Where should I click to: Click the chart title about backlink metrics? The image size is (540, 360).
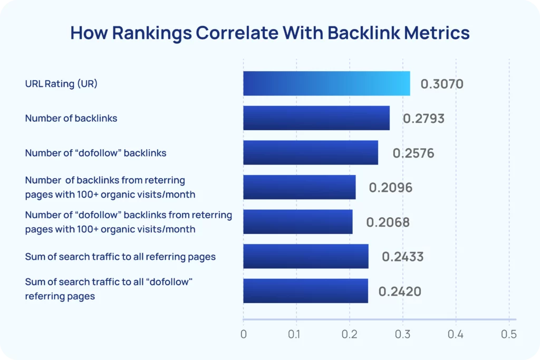[x=269, y=33]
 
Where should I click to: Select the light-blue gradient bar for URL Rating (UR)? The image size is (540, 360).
[x=326, y=84]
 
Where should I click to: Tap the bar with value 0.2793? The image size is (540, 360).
[x=316, y=118]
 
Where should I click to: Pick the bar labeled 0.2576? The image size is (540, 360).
[x=311, y=153]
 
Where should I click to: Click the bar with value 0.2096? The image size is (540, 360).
[x=300, y=187]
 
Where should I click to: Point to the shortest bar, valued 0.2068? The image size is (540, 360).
[x=298, y=222]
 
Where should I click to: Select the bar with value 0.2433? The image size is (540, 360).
[x=306, y=257]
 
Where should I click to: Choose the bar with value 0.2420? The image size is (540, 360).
[x=305, y=291]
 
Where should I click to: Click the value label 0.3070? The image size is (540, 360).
[x=442, y=84]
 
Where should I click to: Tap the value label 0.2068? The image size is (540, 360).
[x=388, y=222]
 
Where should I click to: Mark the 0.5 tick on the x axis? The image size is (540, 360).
[x=509, y=334]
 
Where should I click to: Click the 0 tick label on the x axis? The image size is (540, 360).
[x=243, y=334]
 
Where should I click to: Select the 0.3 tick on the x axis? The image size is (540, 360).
[x=402, y=334]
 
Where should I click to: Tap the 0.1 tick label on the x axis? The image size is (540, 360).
[x=296, y=334]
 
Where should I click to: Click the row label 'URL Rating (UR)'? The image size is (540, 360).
[x=61, y=84]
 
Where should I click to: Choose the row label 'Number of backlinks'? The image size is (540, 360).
[x=71, y=118]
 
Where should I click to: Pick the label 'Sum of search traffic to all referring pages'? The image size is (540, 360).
[x=120, y=257]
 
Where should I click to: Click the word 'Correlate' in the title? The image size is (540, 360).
[x=232, y=33]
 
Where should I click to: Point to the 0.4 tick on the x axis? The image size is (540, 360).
[x=456, y=334]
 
